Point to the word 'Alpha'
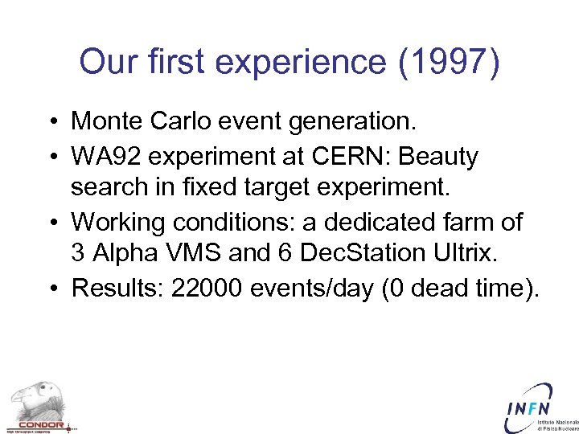click(121, 254)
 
